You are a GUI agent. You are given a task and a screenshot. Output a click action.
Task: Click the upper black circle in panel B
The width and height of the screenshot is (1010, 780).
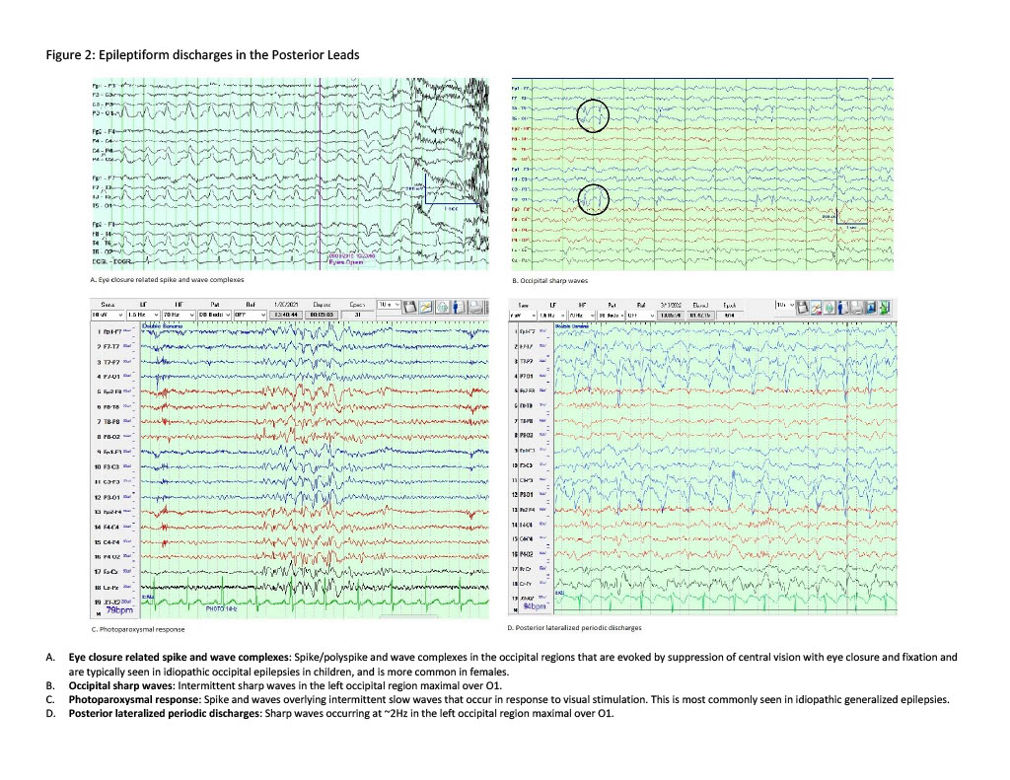[593, 117]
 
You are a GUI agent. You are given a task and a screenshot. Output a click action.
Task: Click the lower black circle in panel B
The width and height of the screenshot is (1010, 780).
[593, 199]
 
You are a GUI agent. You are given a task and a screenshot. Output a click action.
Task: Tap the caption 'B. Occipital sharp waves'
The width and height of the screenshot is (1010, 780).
[537, 279]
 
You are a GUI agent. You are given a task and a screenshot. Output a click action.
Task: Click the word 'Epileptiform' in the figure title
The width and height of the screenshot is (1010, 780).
[129, 55]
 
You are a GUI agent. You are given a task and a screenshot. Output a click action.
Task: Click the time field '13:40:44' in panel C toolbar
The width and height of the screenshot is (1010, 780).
[286, 316]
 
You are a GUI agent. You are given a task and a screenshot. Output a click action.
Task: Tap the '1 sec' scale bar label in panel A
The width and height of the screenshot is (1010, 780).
[451, 209]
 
